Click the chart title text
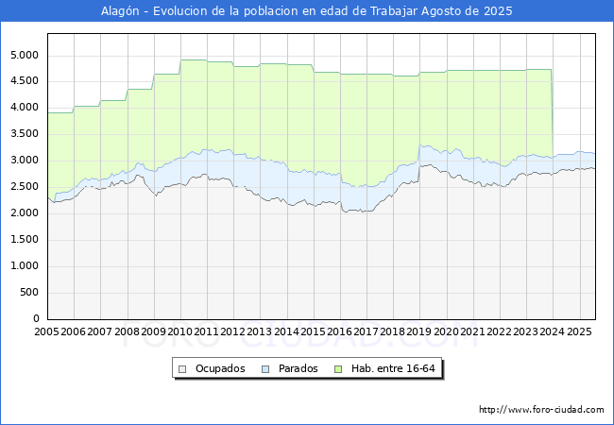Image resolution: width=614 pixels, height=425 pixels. (307, 11)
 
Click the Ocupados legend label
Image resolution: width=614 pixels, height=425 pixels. (220, 368)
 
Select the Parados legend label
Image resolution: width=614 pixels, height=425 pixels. (298, 368)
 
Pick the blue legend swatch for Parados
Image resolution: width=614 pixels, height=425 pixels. (266, 368)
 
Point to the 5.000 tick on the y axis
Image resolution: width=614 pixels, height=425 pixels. (23, 55)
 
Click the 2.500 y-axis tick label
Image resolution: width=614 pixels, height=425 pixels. (23, 187)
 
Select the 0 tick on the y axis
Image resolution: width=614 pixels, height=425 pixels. (35, 319)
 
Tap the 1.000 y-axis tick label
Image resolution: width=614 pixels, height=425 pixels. (23, 266)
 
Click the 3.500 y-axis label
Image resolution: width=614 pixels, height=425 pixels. (23, 134)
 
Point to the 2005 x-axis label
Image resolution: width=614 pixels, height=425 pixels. (47, 332)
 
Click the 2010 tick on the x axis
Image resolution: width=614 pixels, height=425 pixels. (180, 332)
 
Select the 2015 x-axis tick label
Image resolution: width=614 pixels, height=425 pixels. (314, 332)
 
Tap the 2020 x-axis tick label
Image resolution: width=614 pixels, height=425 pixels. (446, 332)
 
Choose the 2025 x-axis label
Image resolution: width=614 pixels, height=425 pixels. (578, 332)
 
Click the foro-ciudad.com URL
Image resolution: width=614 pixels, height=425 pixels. (541, 410)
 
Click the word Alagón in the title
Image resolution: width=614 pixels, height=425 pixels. (121, 11)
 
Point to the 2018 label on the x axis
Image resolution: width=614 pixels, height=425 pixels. (393, 332)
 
